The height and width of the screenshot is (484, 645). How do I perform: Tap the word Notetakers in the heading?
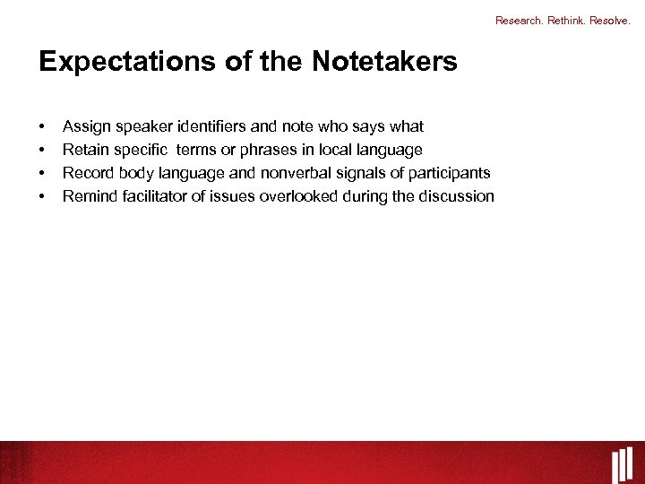pos(384,63)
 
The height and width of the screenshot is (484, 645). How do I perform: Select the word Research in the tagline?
pos(518,20)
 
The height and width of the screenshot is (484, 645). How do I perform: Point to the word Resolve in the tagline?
pos(609,20)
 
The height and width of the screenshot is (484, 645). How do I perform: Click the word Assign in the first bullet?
pos(84,126)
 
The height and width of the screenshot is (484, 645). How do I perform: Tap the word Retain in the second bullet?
pos(84,150)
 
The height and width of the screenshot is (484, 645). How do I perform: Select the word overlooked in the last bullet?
pos(299,196)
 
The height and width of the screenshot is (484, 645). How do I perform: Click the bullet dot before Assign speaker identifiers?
pos(42,127)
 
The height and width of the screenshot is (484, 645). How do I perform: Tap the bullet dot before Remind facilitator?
pos(42,197)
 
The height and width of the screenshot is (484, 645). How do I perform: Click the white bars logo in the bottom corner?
pos(623,465)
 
